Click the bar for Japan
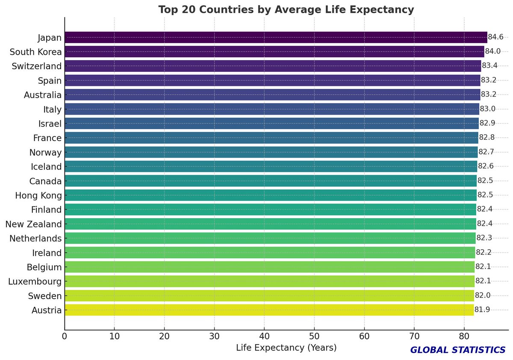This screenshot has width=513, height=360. coord(276,38)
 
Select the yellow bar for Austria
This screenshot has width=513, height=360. coord(269,310)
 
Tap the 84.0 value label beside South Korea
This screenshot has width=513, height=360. coord(493,52)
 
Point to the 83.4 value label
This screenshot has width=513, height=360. coord(489,66)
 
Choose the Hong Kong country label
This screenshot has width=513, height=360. coord(38,195)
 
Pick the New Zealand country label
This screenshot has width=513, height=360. coord(33,224)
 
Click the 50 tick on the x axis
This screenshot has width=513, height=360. coord(314,336)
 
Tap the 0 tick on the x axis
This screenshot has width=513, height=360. coord(65,336)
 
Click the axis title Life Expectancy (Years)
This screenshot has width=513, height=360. coord(286,348)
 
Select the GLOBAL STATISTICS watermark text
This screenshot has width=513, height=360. coord(458,350)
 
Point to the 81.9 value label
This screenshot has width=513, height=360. coord(482,310)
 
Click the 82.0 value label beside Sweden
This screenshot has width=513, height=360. coord(483,296)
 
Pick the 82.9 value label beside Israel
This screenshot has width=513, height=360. coord(487,124)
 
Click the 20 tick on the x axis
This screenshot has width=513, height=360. coord(164,336)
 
